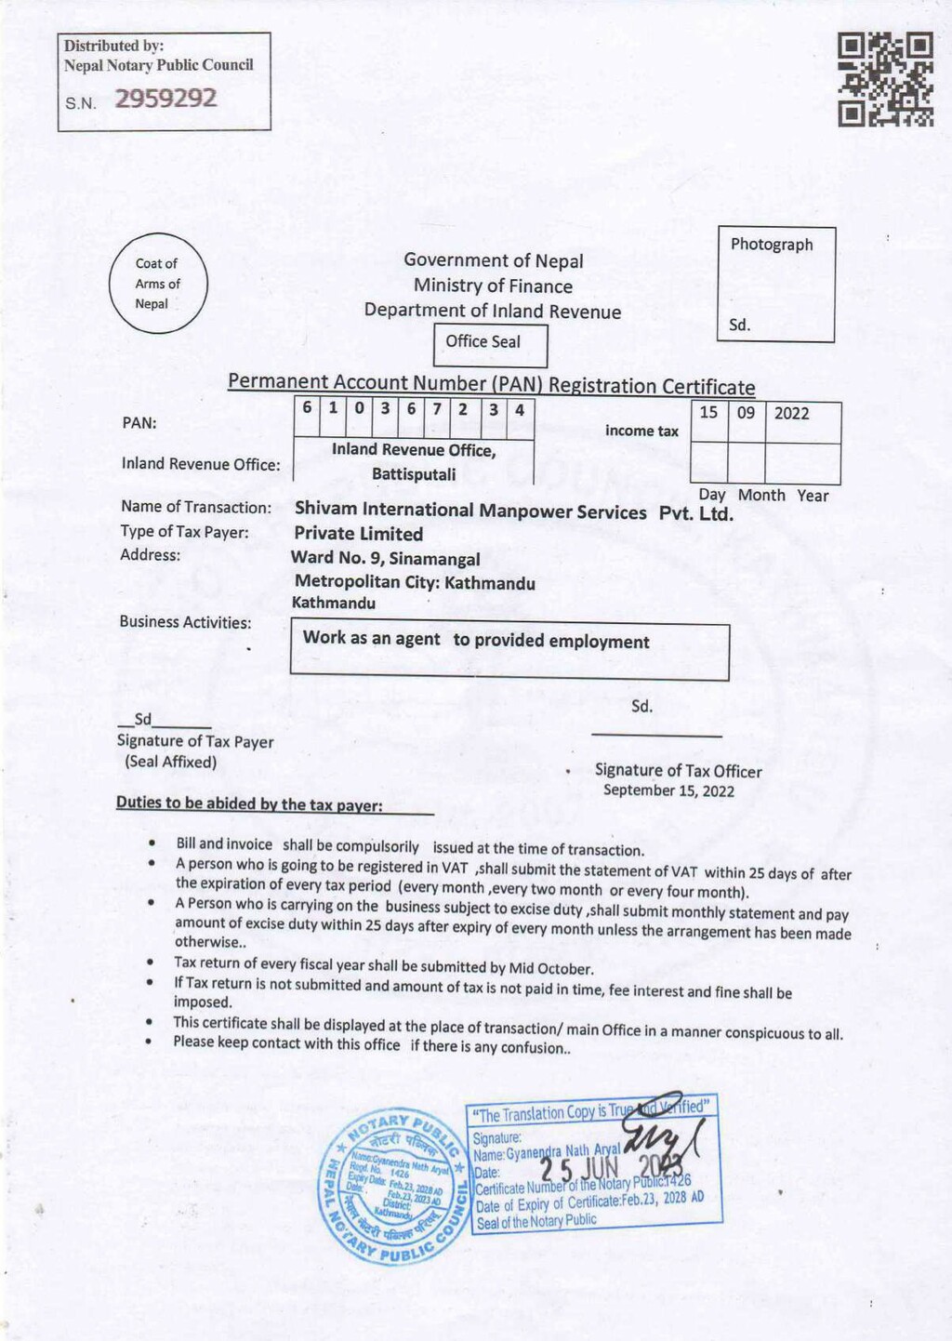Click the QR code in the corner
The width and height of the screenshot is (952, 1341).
coord(885,80)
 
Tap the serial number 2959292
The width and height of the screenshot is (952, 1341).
coord(165,99)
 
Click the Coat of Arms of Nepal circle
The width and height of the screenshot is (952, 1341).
coord(157,284)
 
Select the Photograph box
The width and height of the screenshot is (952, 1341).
coord(776,285)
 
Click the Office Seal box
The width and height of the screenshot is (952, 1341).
coord(490,343)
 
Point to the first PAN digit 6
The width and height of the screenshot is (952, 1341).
coord(307,408)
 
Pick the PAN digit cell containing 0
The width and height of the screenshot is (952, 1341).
coord(359,408)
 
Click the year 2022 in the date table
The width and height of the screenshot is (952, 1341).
coord(791,414)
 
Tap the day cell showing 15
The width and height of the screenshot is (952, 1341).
coord(708,412)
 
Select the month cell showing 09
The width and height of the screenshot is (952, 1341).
coord(746,412)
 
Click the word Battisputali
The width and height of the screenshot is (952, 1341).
coord(414,474)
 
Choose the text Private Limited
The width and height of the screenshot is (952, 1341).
coord(358,534)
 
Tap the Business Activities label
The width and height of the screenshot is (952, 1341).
coord(185,622)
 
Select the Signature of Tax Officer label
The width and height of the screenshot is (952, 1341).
coord(678,771)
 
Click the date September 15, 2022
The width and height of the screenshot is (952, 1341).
coord(668,791)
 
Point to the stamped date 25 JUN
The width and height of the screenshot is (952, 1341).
coord(579,1169)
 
